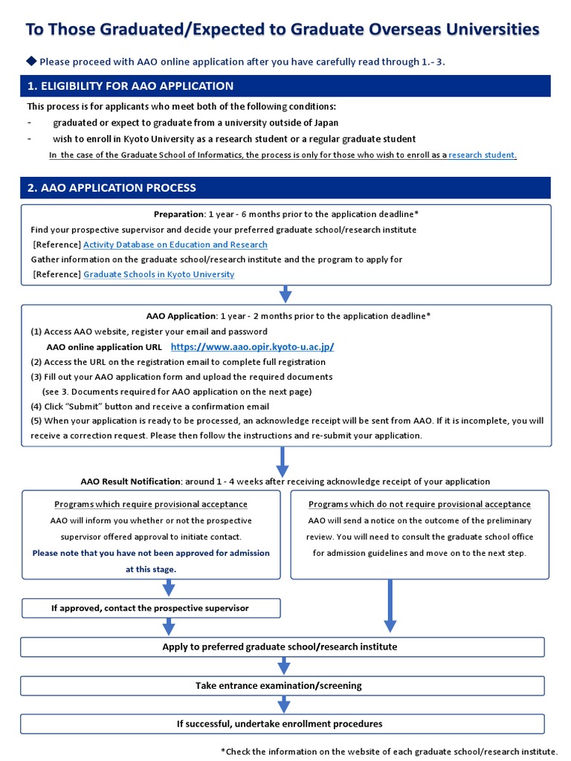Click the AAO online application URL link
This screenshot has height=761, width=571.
[x=252, y=346]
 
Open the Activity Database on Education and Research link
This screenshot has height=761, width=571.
[x=175, y=245]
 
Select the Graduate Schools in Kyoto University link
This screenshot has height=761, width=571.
[x=158, y=274]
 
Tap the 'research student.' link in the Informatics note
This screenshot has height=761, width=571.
[x=483, y=155]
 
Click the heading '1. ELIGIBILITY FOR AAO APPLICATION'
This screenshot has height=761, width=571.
[x=130, y=86]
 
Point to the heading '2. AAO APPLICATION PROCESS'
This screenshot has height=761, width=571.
[x=112, y=188]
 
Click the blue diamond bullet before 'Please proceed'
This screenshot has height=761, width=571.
[x=30, y=61]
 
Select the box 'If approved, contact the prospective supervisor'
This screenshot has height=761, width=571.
[x=150, y=608]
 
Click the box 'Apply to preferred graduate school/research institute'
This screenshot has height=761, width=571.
[x=280, y=647]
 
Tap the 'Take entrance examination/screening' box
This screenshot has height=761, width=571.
[x=279, y=685]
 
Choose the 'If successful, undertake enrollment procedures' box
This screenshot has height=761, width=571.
[x=280, y=723]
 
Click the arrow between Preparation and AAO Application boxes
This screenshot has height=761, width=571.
[x=285, y=294]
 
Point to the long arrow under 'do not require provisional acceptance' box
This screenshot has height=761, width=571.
[x=390, y=605]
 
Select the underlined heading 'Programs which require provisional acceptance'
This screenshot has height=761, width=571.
[x=151, y=504]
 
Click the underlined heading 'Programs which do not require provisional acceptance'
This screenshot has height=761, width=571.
[x=419, y=504]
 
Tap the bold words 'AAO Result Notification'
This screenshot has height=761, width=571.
[x=131, y=482]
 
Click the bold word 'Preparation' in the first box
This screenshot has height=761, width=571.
[x=178, y=214]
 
